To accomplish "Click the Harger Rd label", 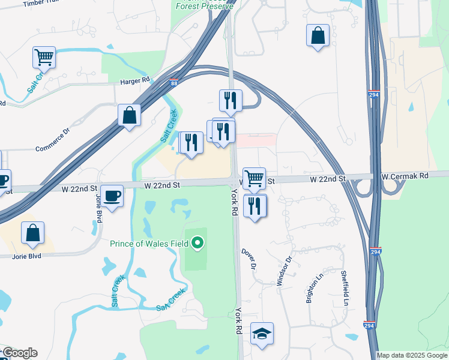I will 134,80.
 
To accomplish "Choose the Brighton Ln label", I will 315,289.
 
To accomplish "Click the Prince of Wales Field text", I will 149,244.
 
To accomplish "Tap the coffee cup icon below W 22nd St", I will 112,195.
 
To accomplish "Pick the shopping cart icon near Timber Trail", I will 44,58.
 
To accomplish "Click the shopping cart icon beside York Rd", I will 255,178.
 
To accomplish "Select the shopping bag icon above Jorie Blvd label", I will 32,233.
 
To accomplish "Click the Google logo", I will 20,353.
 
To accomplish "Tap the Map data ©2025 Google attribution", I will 412,355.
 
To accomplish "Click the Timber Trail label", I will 41,4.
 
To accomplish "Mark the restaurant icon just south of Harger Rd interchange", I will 230,101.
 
